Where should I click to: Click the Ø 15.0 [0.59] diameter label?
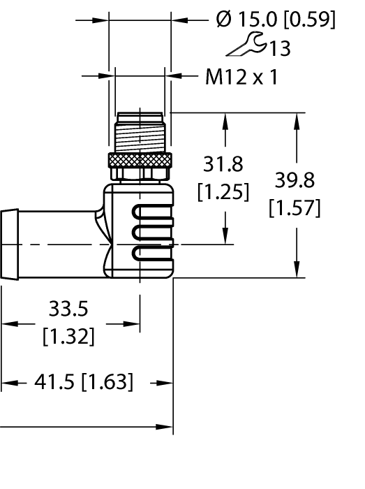pyautogui.click(x=275, y=20)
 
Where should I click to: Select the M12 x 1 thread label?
pyautogui.click(x=241, y=77)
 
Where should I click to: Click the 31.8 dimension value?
pyautogui.click(x=223, y=164)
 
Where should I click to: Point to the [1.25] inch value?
pyautogui.click(x=223, y=192)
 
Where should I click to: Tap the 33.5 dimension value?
pyautogui.click(x=68, y=308)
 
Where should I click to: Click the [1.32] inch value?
pyautogui.click(x=68, y=337)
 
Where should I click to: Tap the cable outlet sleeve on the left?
pyautogui.click(x=10, y=244)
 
